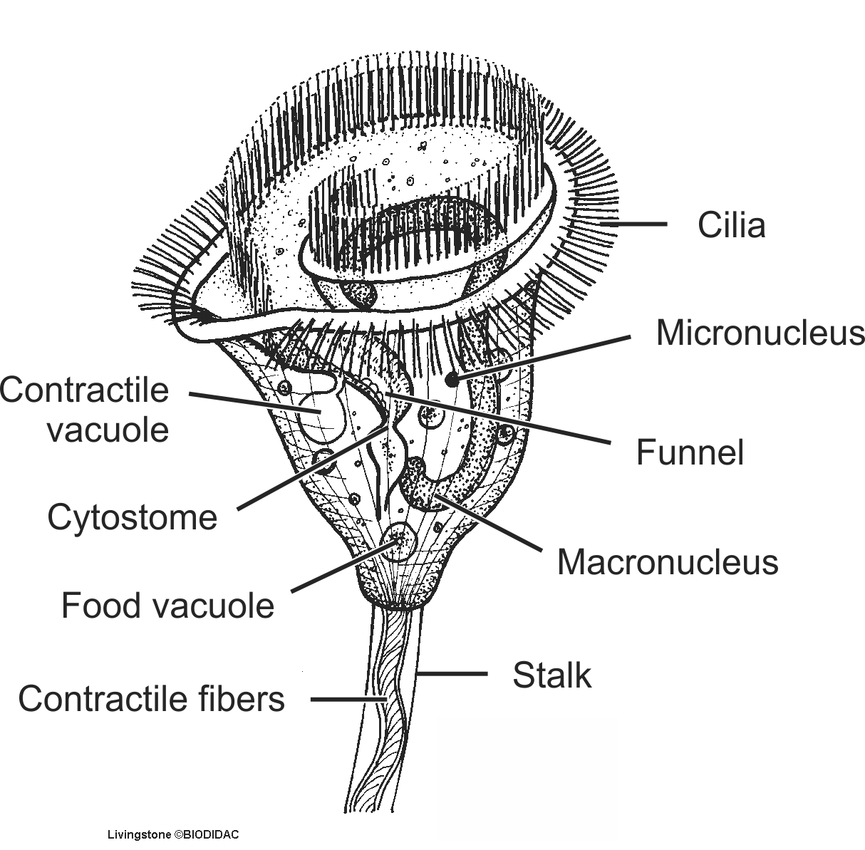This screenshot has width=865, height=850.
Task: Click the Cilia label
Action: pyautogui.click(x=731, y=225)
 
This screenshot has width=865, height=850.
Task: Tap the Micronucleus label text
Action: pyautogui.click(x=760, y=333)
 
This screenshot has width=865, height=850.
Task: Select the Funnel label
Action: pyautogui.click(x=690, y=452)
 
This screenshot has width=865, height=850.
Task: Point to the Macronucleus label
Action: pyautogui.click(x=668, y=561)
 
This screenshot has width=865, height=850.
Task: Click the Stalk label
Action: pyautogui.click(x=551, y=675)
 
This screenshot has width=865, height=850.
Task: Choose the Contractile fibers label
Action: pyautogui.click(x=151, y=699)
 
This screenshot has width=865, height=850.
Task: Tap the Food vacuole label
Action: pyautogui.click(x=167, y=606)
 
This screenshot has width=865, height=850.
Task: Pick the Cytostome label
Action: pyautogui.click(x=132, y=517)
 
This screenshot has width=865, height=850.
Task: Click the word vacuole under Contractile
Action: pyautogui.click(x=108, y=430)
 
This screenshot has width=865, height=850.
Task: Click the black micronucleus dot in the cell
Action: pyautogui.click(x=452, y=380)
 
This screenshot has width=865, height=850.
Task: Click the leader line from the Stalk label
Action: pyautogui.click(x=452, y=673)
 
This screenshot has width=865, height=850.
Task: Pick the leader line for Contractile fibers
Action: pyautogui.click(x=349, y=700)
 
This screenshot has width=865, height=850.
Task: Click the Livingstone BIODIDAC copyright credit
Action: pyautogui.click(x=172, y=834)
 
